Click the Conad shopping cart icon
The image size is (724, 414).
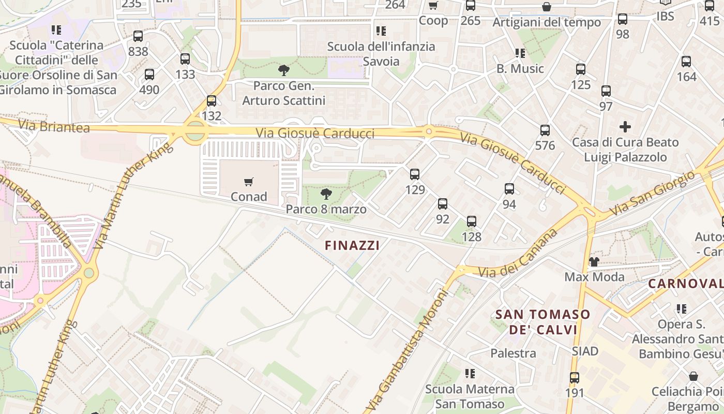pyautogui.click(x=249, y=182)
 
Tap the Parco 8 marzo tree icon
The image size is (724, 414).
pyautogui.click(x=326, y=194)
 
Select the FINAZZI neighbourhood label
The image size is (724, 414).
pyautogui.click(x=352, y=245)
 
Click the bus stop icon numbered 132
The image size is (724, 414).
pyautogui.click(x=211, y=101)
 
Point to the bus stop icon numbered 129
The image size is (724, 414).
pyautogui.click(x=414, y=174)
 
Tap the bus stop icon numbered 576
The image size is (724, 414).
pyautogui.click(x=545, y=130)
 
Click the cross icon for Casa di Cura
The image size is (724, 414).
pyautogui.click(x=625, y=126)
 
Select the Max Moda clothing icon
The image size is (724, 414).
pyautogui.click(x=594, y=262)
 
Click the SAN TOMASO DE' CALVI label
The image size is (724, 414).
pyautogui.click(x=542, y=322)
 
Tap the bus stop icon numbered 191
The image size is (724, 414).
pyautogui.click(x=574, y=378)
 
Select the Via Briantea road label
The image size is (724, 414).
pyautogui.click(x=54, y=126)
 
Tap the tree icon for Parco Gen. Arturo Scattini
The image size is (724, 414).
pyautogui.click(x=283, y=70)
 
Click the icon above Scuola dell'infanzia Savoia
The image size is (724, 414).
pyautogui.click(x=381, y=31)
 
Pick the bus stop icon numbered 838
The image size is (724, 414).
pyautogui.click(x=138, y=36)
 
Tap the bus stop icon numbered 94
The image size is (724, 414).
pyautogui.click(x=509, y=189)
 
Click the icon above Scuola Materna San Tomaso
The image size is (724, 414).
pyautogui.click(x=470, y=373)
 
